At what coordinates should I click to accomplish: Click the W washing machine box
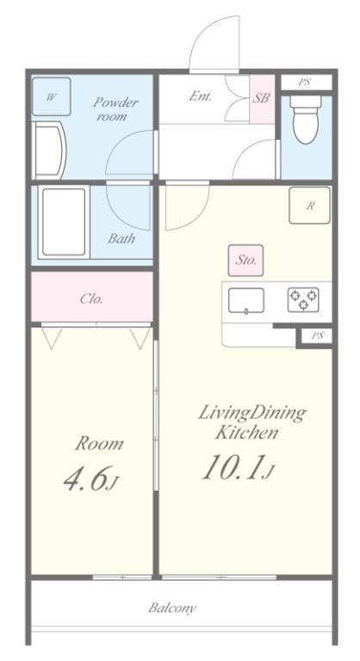tap(51, 97)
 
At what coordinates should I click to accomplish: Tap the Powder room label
tap(115, 108)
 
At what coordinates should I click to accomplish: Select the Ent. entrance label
tap(201, 96)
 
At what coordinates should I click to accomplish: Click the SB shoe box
tap(261, 98)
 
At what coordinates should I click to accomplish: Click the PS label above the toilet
tap(304, 83)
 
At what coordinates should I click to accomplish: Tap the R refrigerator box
tap(309, 206)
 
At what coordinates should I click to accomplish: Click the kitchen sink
tap(246, 300)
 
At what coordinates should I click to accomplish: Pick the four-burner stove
tap(302, 300)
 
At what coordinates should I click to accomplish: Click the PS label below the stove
tap(317, 336)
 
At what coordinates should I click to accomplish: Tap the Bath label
tap(121, 239)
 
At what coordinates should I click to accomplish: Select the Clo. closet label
tap(91, 300)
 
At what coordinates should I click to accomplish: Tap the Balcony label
tap(172, 608)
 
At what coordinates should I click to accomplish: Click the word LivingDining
tap(252, 412)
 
